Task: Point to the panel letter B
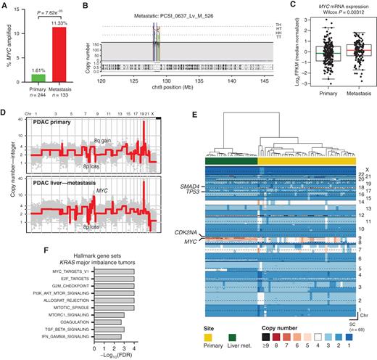click(x=90, y=5)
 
